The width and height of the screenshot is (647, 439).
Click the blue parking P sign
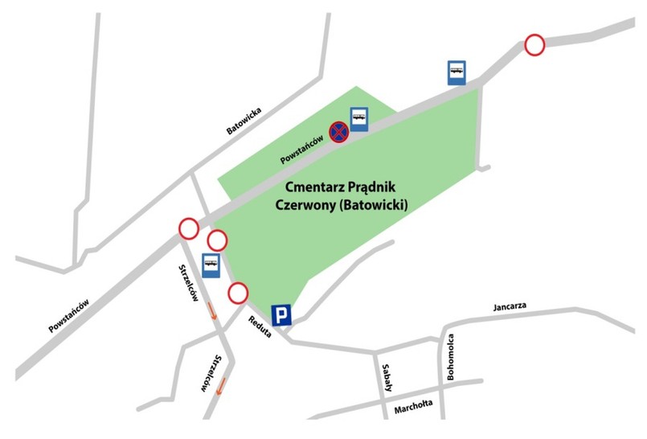281,314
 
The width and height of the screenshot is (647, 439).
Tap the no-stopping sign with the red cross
339,132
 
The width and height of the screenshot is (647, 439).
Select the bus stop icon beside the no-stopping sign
358,120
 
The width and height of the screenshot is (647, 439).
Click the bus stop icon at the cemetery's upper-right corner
457,72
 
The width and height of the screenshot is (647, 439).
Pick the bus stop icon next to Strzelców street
211,265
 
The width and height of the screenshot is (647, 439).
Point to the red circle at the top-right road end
534,45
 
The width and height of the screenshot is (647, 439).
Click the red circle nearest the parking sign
238,293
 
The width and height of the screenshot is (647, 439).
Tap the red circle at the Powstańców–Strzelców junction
189,229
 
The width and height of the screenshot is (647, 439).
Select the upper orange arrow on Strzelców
212,311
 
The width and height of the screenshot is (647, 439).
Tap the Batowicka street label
245,119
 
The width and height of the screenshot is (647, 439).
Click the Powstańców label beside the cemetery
302,150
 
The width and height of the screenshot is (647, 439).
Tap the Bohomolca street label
452,357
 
